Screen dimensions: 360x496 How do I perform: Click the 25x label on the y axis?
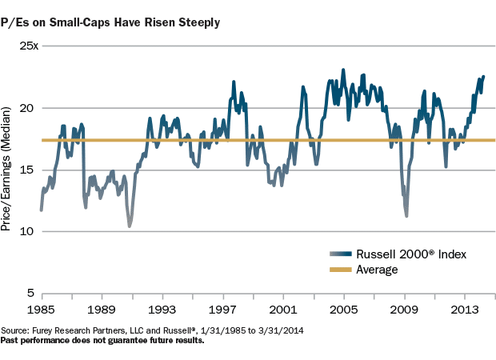click(x=26, y=46)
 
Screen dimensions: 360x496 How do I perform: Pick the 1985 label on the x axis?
click(x=41, y=308)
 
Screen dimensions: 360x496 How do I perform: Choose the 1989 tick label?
click(x=102, y=308)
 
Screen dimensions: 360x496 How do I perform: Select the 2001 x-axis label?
click(x=284, y=308)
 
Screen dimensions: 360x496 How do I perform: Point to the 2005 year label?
click(x=344, y=308)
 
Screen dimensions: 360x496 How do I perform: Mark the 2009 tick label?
click(x=405, y=308)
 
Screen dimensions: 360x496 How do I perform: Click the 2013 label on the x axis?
click(x=466, y=308)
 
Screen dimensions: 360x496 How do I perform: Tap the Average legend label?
click(x=377, y=270)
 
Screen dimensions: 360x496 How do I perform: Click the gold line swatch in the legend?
click(x=340, y=270)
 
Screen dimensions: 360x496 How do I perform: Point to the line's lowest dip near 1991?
click(x=130, y=226)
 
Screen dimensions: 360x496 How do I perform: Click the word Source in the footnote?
click(x=15, y=330)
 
